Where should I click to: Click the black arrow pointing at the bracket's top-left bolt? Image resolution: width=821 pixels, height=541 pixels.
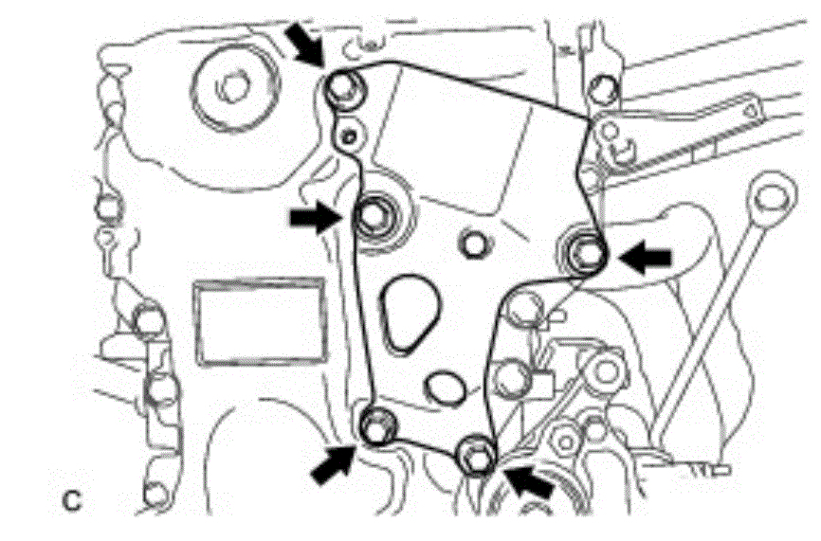pos(306,45)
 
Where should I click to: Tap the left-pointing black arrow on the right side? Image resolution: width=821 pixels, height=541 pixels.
pos(648,256)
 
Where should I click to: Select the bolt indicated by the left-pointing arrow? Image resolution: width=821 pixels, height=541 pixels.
pos(588,252)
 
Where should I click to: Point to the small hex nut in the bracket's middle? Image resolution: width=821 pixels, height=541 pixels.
pos(471,244)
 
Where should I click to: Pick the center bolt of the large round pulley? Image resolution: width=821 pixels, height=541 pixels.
pos(231,88)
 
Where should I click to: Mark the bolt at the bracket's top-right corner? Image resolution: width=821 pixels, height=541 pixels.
pos(599,89)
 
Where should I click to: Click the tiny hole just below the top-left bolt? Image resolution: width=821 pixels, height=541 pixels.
pos(352,135)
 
